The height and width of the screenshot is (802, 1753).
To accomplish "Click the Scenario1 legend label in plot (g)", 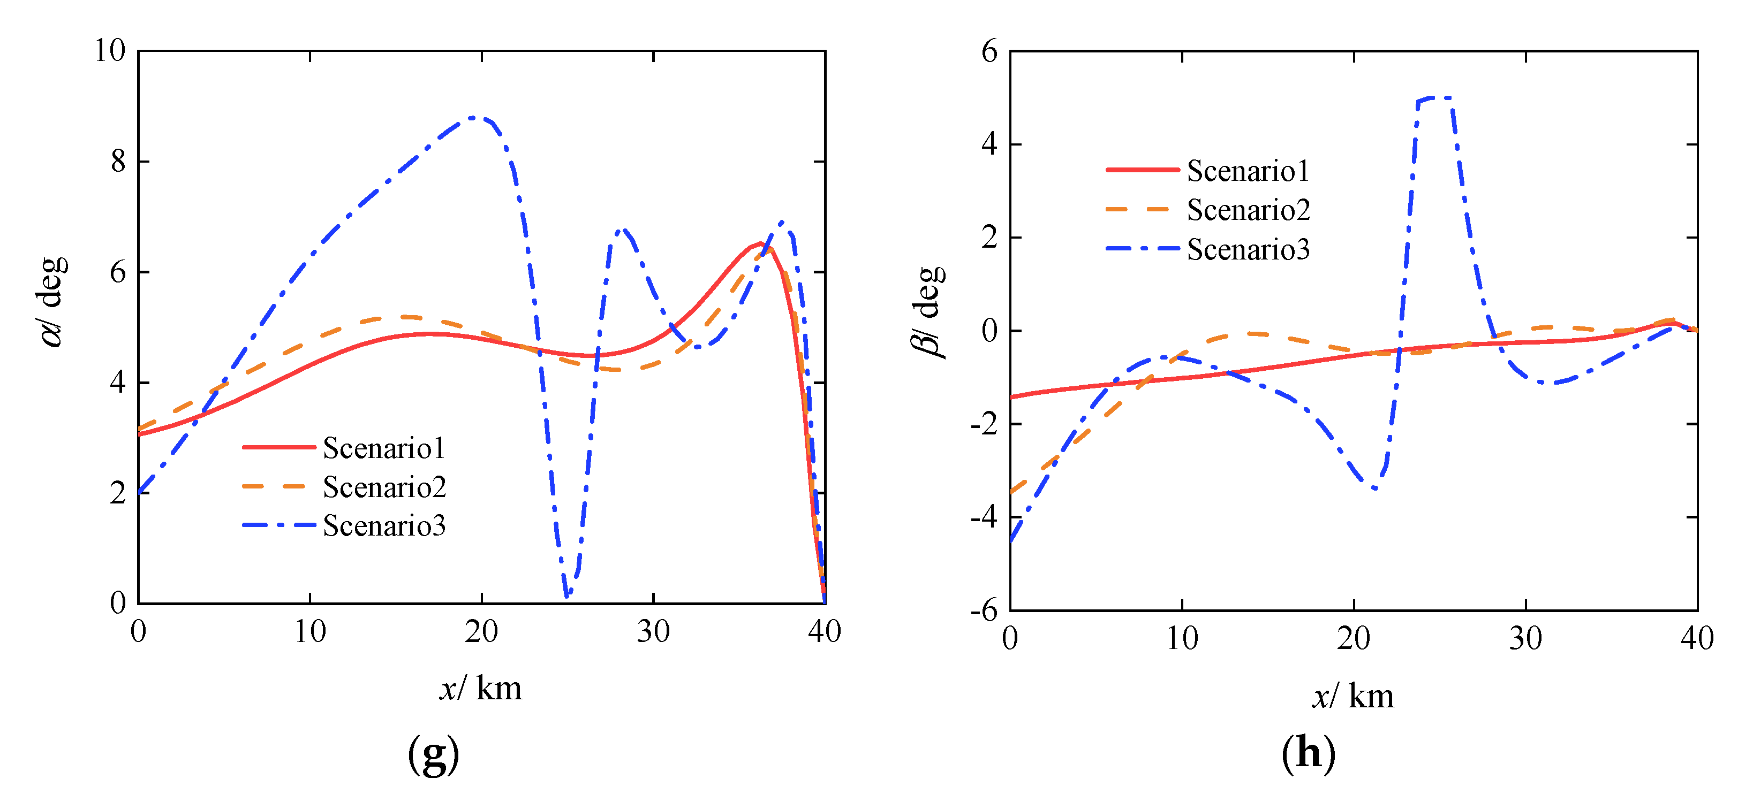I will pyautogui.click(x=384, y=448).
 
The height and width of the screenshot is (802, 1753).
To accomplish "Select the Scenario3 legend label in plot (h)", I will pyautogui.click(x=1248, y=250).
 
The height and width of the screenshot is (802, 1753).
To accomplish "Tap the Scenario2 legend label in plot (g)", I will pyautogui.click(x=384, y=487).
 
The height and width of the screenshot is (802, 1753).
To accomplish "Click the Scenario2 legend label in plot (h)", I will pyautogui.click(x=1248, y=210).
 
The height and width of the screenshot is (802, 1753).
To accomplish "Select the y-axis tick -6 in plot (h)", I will pyautogui.click(x=984, y=610).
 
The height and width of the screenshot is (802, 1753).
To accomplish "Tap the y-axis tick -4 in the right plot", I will pyautogui.click(x=984, y=517).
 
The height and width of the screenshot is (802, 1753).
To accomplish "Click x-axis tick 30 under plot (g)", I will pyautogui.click(x=653, y=632).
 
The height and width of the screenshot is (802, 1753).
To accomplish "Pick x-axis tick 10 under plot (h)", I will pyautogui.click(x=1182, y=639).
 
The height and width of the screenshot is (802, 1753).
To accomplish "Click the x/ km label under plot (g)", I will pyautogui.click(x=480, y=689).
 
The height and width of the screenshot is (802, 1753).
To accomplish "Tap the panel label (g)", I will pyautogui.click(x=434, y=754).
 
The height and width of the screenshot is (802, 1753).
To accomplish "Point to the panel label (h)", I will pyautogui.click(x=1308, y=754).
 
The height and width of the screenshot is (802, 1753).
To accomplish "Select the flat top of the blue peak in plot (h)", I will pyautogui.click(x=1434, y=98).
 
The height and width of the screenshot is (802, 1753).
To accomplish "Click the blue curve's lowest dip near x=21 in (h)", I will pyautogui.click(x=1374, y=488).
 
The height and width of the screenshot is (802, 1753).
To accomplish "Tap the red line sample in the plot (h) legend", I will pyautogui.click(x=1142, y=170).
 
